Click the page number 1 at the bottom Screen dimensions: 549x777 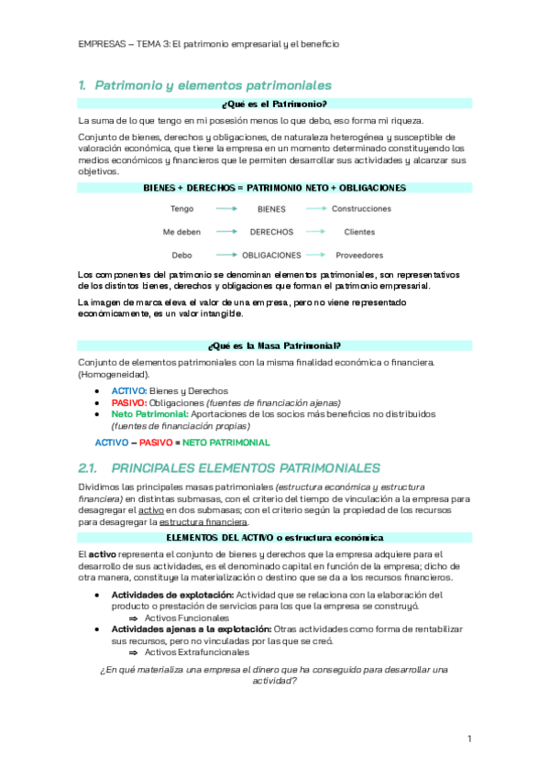[x=468, y=739]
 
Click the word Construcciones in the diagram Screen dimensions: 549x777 [x=361, y=209]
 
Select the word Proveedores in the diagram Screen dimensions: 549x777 [x=359, y=255]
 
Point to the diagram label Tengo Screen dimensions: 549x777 [x=181, y=209]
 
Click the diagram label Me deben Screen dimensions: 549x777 [x=181, y=232]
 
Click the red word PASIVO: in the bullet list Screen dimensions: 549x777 [x=129, y=402]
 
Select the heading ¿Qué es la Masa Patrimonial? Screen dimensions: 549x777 [x=275, y=345]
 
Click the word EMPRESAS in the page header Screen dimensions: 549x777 [x=102, y=44]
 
